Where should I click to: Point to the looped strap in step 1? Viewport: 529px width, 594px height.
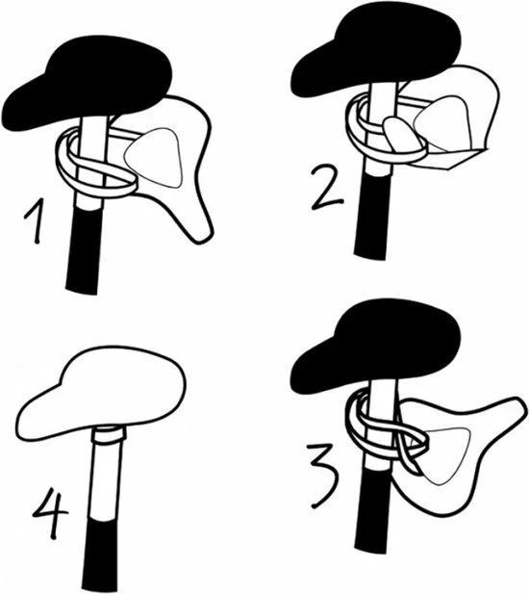click(x=96, y=173)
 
